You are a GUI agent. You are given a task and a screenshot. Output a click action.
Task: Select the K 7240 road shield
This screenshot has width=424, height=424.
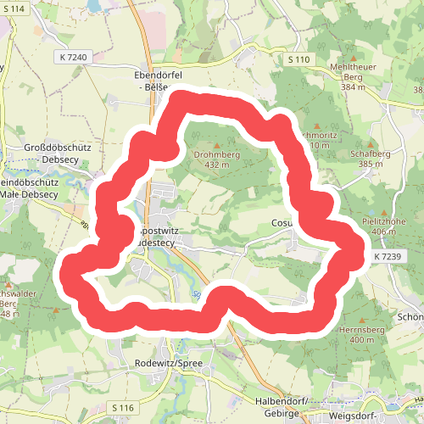75,56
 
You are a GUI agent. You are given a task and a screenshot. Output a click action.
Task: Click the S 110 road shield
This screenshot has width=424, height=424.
298,59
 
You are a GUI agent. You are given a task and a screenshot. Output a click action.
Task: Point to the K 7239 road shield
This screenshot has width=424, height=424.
386,255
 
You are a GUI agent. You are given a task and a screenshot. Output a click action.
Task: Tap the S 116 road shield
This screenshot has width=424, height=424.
123,408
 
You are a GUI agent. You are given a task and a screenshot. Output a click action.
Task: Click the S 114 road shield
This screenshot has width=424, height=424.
14,8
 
